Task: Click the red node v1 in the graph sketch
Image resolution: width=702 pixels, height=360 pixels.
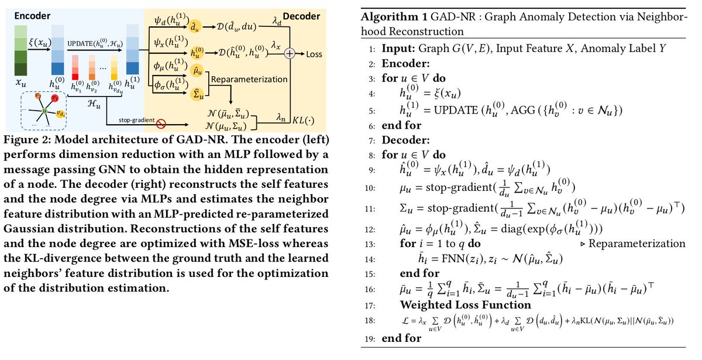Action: (x=54, y=98)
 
